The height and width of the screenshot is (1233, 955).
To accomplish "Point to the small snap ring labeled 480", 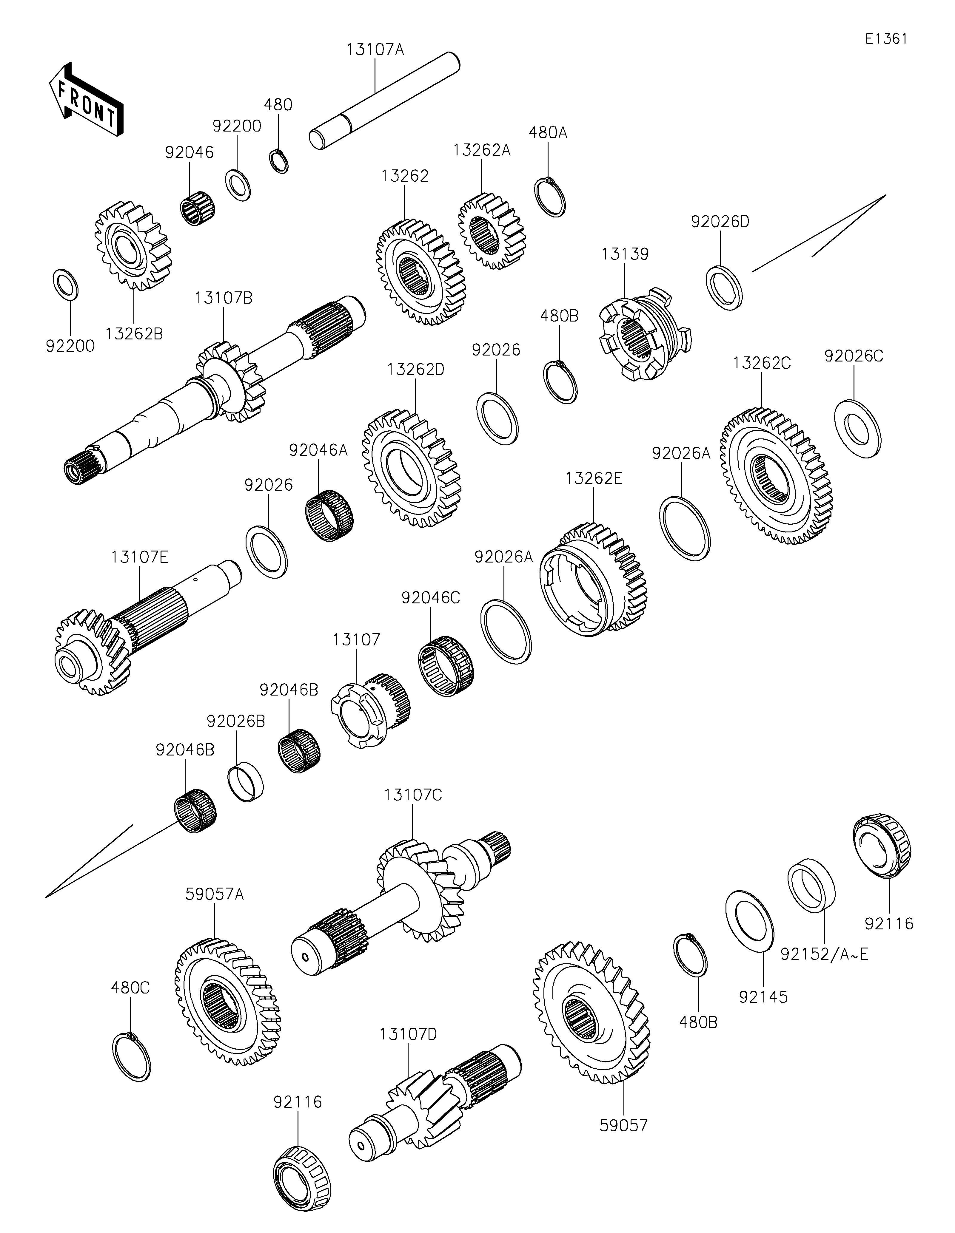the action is tap(279, 161).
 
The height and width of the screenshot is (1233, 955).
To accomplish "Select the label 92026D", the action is tap(720, 222).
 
